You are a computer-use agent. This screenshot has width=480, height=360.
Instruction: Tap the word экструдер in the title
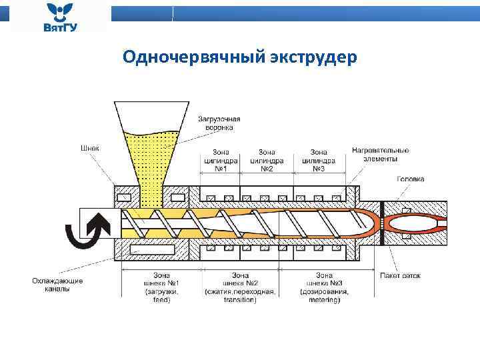point(314,58)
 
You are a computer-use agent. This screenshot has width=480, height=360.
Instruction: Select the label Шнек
point(89,147)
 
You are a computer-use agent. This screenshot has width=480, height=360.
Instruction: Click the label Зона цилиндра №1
point(221,160)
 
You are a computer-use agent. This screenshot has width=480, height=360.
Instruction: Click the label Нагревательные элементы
point(381,155)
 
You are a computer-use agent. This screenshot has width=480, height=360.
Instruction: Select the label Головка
point(410,179)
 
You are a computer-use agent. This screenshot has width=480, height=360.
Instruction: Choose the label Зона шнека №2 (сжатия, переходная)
point(240,287)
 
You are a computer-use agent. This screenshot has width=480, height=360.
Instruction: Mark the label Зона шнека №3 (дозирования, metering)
point(325,287)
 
